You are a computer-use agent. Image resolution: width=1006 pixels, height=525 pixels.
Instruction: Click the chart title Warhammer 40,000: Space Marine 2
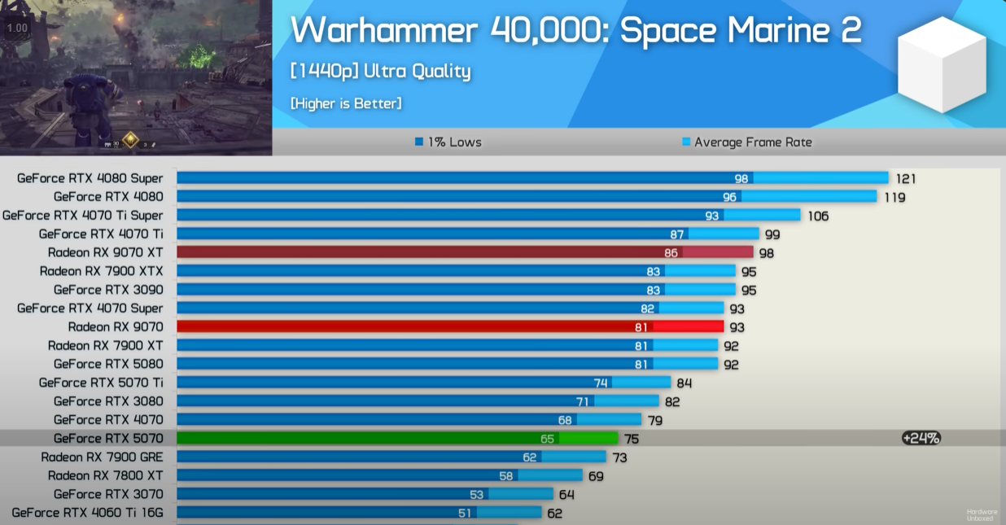point(575,32)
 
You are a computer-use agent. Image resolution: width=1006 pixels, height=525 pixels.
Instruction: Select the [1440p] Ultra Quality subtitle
point(380,72)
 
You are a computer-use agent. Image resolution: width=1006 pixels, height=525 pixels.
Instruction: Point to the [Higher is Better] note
point(346,103)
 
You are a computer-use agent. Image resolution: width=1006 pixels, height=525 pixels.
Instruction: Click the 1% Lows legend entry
point(448,142)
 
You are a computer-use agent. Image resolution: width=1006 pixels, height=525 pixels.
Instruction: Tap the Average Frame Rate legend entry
point(746,142)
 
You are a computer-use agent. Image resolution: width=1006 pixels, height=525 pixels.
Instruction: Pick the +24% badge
point(921,438)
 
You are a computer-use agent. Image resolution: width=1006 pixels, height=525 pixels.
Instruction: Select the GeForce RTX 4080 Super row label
point(90,178)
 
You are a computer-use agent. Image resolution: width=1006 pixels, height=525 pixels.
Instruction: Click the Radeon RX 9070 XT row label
point(105,252)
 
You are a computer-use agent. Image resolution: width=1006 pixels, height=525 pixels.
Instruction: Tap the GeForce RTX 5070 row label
point(108,439)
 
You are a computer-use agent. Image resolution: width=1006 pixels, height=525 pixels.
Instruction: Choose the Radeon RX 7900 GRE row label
point(102,457)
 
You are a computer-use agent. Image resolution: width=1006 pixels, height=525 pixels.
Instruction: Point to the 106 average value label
point(818,216)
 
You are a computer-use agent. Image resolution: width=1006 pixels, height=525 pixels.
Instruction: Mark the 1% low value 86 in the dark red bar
point(671,253)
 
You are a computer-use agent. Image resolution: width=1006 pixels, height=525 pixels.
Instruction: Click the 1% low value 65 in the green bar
point(547,439)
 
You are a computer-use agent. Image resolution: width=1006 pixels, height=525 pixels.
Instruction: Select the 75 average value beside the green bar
point(632,439)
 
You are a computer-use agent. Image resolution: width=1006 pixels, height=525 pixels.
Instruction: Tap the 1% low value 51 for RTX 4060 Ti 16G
point(465,513)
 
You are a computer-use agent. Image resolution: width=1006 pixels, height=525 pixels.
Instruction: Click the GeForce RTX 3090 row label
point(108,290)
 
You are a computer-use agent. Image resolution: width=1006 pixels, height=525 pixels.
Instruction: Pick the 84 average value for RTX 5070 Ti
point(684,383)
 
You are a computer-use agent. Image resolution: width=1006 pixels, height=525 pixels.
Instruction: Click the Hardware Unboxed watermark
point(981,514)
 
